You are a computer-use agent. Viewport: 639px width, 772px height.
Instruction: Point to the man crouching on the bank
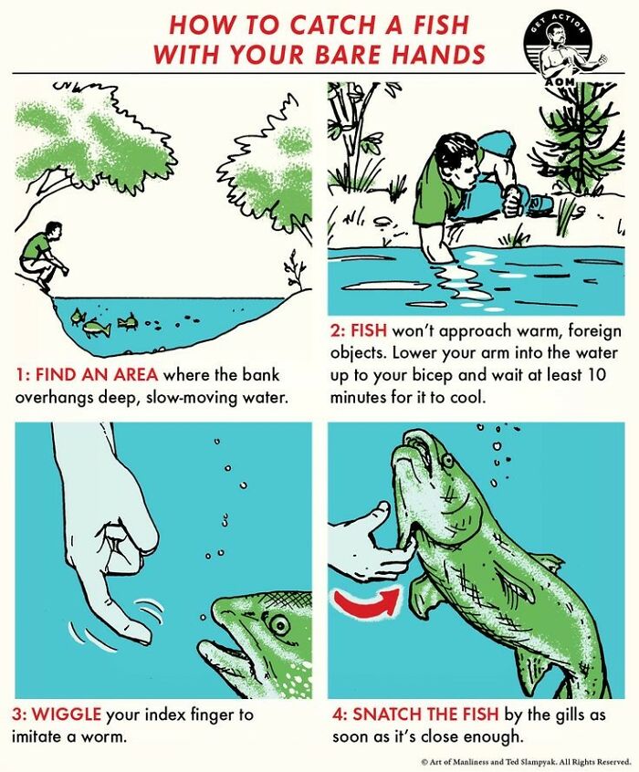point(40,256)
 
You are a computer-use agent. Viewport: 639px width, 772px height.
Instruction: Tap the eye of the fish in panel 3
point(278,624)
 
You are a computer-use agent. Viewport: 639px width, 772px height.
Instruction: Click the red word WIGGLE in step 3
point(69,714)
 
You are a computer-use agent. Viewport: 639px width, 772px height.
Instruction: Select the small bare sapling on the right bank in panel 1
point(294,272)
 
